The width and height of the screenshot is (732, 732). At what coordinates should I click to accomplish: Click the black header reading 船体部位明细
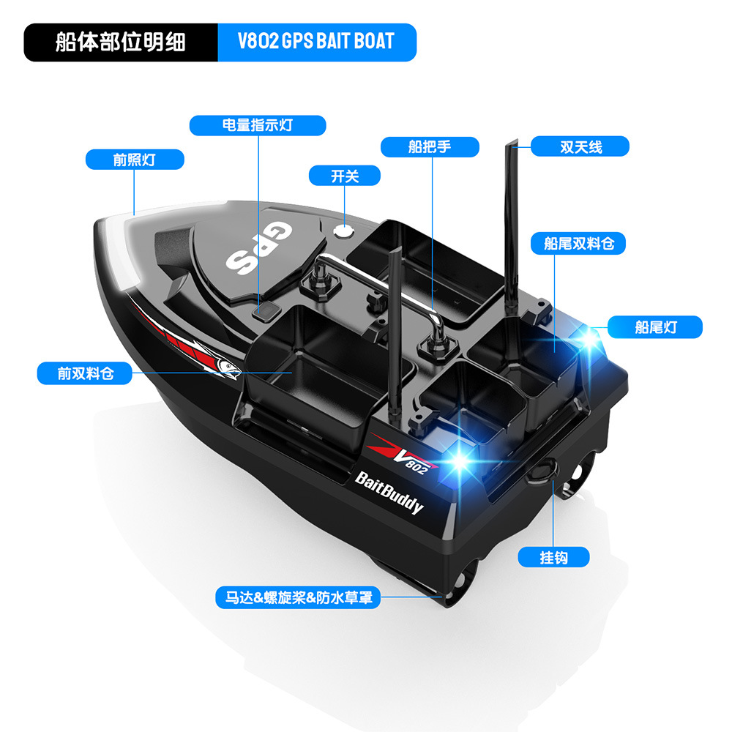click(x=121, y=42)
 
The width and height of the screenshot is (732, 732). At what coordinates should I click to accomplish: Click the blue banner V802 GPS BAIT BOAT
click(x=316, y=42)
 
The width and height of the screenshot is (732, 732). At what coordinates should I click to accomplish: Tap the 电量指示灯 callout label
click(x=257, y=125)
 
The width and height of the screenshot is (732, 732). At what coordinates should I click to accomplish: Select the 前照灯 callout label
click(x=134, y=160)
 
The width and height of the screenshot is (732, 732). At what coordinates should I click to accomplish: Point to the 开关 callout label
click(x=345, y=176)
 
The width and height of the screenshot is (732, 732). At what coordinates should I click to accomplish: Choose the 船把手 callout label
click(x=430, y=147)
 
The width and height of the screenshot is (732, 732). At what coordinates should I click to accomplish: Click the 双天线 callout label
click(x=580, y=146)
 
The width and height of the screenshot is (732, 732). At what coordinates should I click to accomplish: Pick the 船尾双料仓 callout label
click(x=579, y=244)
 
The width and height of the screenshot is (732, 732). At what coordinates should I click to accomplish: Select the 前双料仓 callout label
click(x=86, y=374)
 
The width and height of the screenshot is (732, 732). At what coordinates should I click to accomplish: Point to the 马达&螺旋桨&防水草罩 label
click(x=298, y=597)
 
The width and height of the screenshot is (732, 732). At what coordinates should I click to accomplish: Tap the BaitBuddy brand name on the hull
click(x=389, y=491)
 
